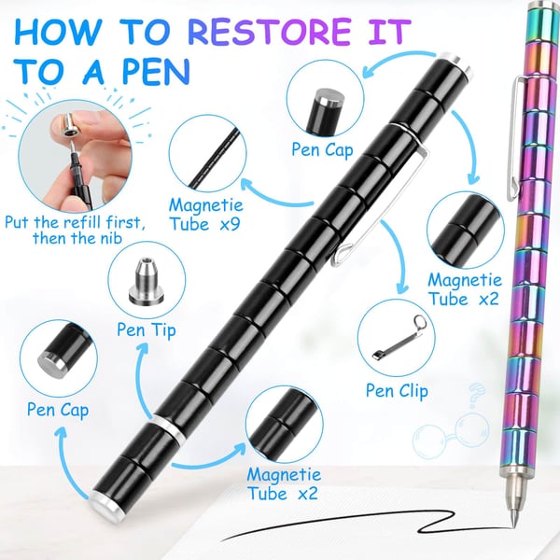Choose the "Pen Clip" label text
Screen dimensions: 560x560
tap(396, 391)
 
